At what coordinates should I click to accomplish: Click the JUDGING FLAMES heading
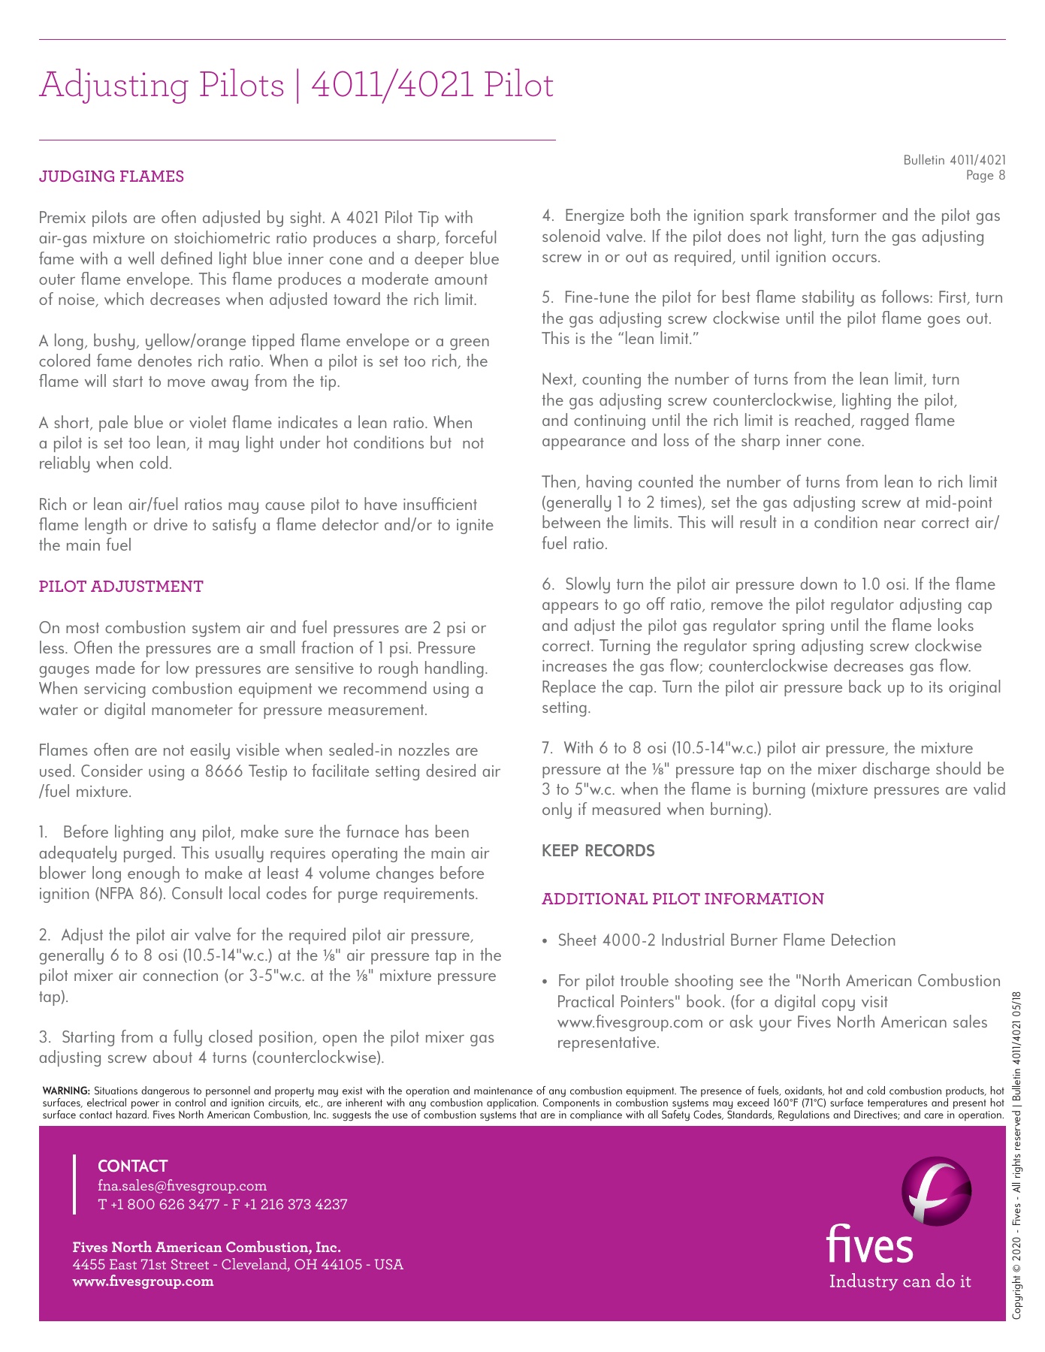pos(111,177)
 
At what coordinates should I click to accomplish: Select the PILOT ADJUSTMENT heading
pos(121,587)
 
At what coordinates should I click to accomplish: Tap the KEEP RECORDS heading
pos(598,851)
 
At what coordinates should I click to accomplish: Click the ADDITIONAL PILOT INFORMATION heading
pos(683,899)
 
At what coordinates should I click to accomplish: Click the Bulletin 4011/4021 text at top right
pos(954,160)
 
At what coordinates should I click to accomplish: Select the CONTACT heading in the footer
pos(132,1166)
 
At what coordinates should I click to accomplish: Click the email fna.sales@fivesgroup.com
pos(182,1186)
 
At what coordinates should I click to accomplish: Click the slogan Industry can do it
pos(899,1281)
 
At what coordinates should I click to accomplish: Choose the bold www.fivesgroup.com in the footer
pos(143,1281)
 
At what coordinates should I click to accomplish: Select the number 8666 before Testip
pos(224,771)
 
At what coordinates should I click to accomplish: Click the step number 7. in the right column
pos(547,748)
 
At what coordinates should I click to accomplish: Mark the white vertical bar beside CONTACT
pos(74,1185)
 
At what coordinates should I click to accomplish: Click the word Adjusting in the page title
pos(113,85)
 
